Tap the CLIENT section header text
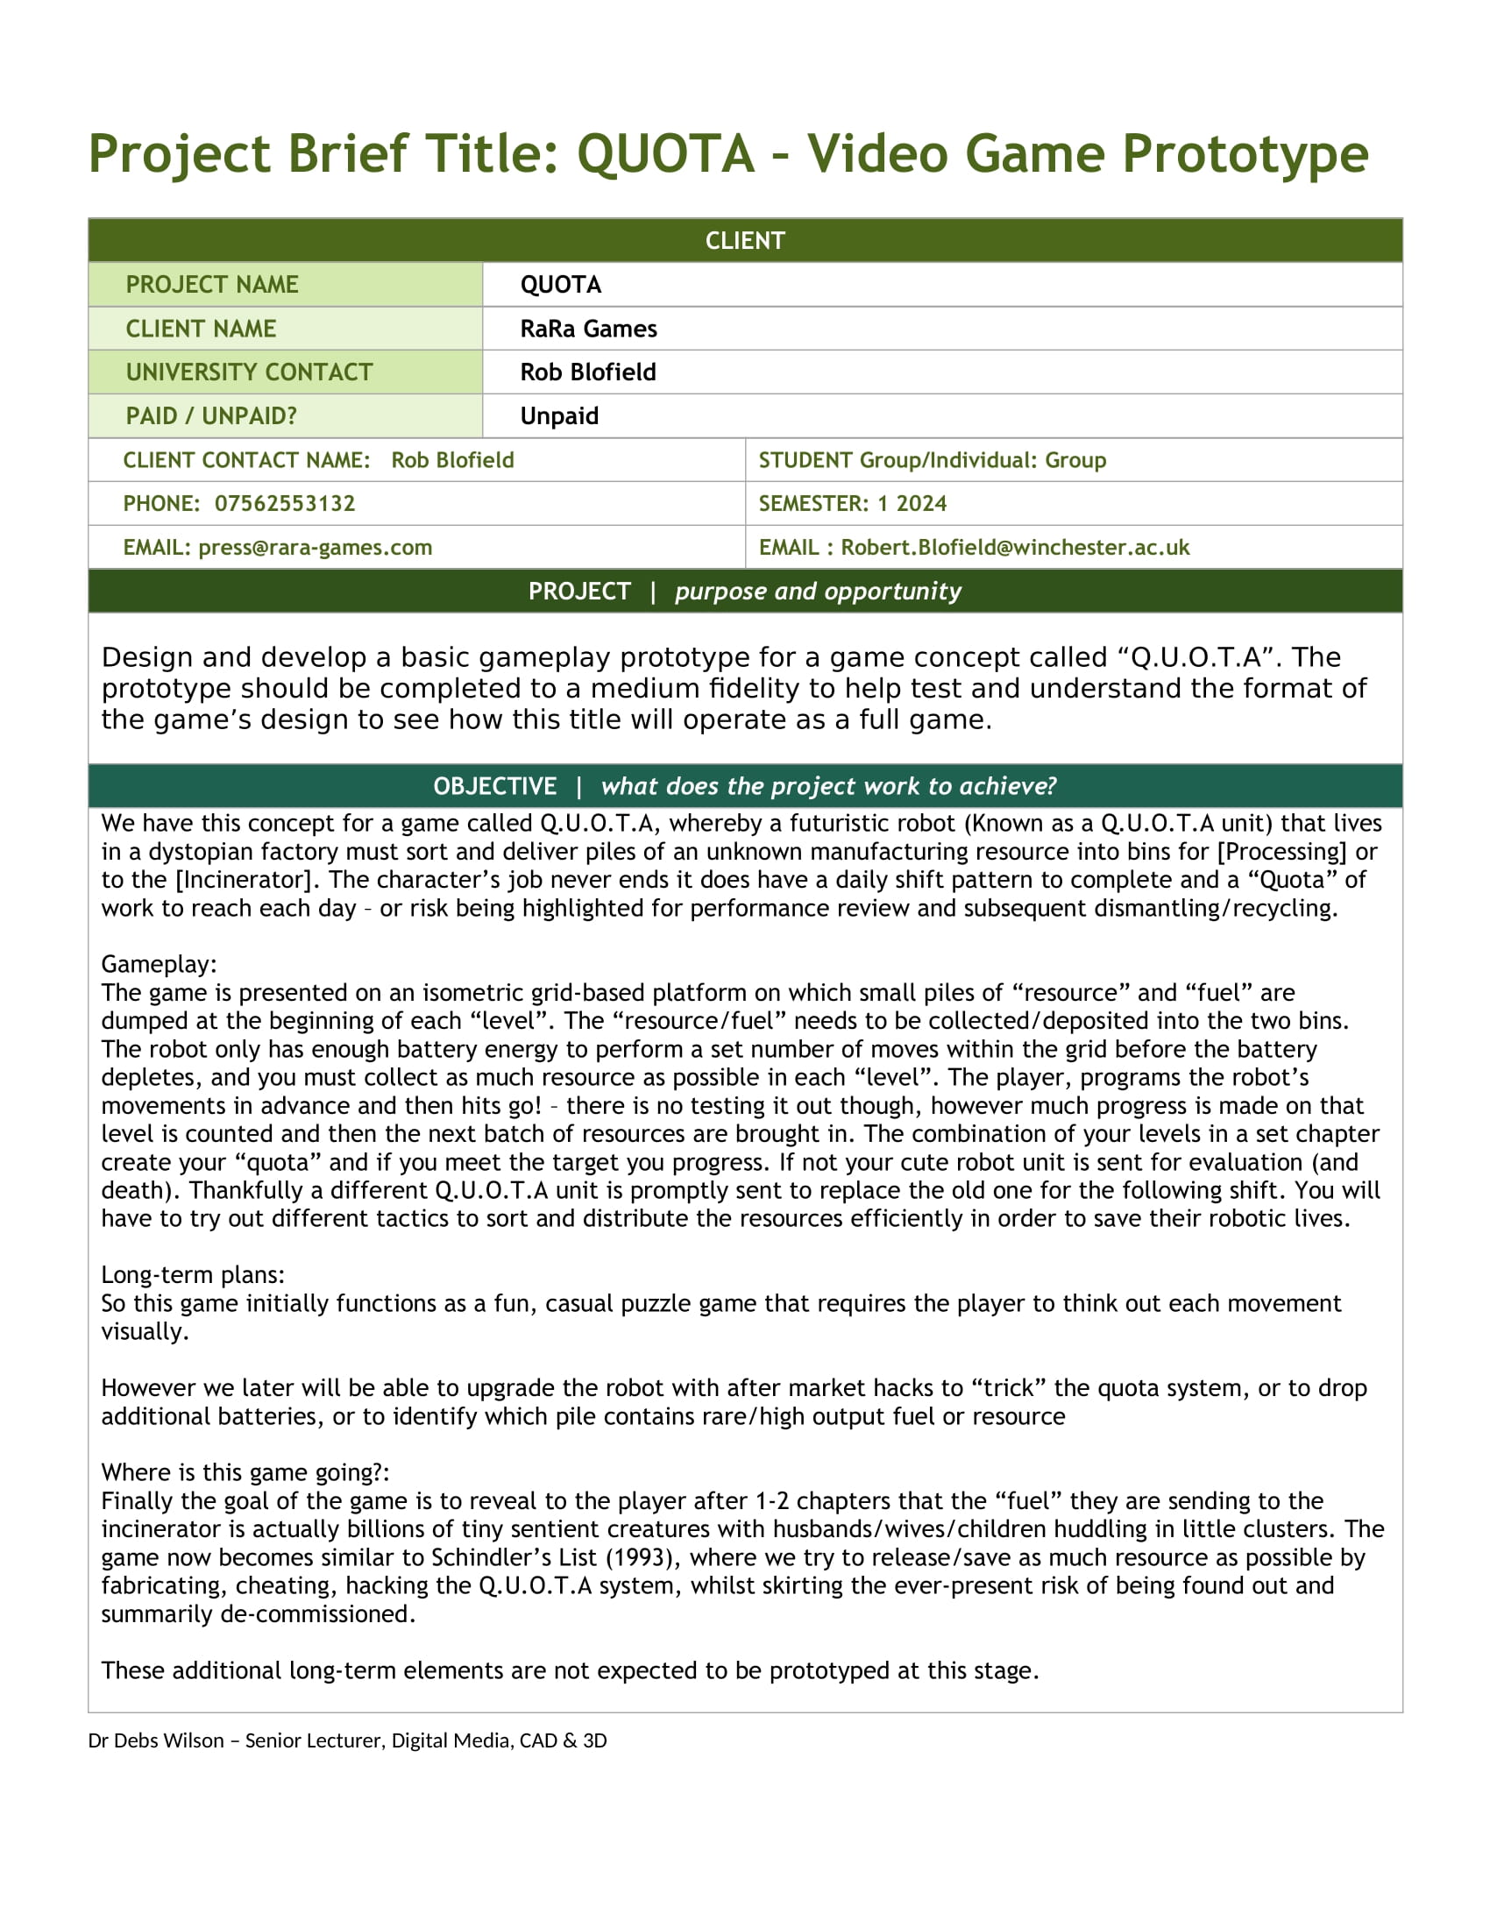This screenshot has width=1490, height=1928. tap(744, 240)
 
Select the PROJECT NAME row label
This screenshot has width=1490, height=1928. tap(212, 284)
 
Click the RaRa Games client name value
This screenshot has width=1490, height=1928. tap(588, 329)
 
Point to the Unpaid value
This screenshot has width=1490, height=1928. tap(559, 415)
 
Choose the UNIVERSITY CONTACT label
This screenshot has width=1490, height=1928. tap(249, 372)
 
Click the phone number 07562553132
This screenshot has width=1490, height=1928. tap(284, 503)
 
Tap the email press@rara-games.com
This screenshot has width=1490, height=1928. tap(316, 548)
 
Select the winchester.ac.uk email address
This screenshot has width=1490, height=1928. tap(1014, 548)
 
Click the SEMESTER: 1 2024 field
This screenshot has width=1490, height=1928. tap(852, 503)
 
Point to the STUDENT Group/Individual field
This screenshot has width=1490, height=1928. tap(931, 460)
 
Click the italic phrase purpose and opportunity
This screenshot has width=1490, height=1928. tap(818, 591)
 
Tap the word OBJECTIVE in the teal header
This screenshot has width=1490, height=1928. tap(494, 786)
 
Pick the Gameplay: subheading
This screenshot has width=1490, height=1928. tap(159, 964)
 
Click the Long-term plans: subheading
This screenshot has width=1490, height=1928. tap(193, 1275)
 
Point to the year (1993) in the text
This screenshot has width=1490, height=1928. tap(641, 1557)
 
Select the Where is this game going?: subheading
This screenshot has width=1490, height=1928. tap(245, 1472)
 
